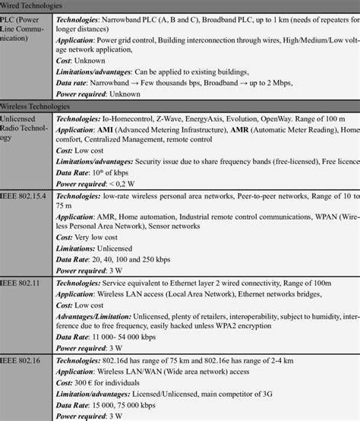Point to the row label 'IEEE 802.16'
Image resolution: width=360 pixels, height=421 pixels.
[21, 356]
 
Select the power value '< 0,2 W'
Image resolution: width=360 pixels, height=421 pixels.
[127, 184]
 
